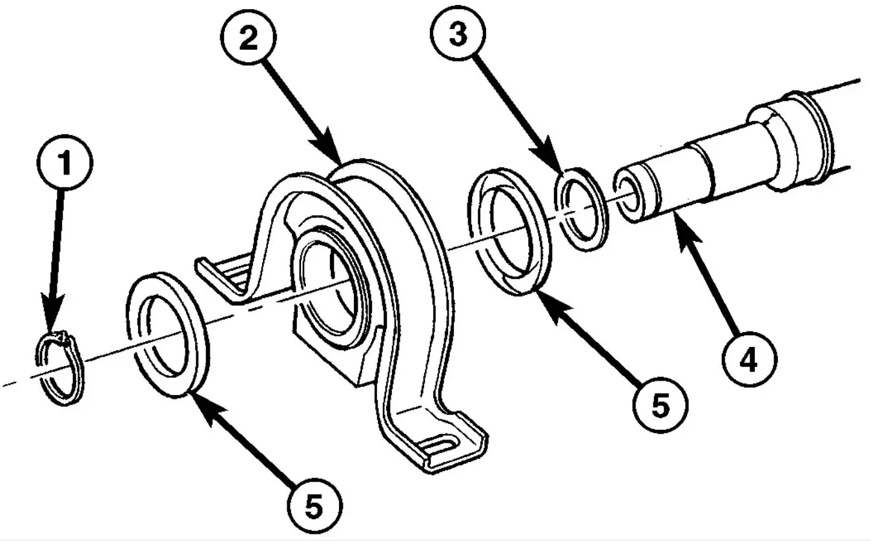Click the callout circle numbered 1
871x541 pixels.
(65, 162)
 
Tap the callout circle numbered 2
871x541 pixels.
(249, 37)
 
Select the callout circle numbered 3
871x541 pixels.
(458, 33)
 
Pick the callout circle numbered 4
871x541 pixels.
(750, 359)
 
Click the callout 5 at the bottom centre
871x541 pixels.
(315, 506)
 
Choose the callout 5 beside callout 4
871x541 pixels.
(661, 405)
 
